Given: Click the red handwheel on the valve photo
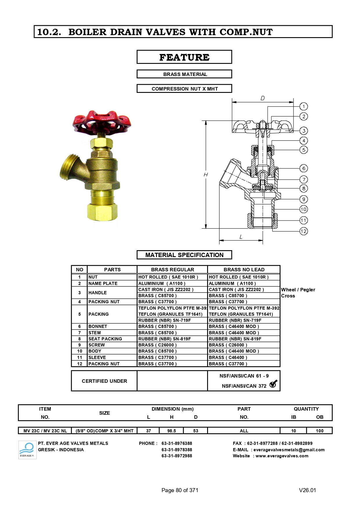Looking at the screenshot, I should tap(102, 121).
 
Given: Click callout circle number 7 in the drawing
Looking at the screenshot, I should tap(304, 179).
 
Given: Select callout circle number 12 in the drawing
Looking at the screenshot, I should tap(304, 231).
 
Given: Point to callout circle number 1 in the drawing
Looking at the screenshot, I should tap(304, 107).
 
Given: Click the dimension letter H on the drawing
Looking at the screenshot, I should tap(206, 174).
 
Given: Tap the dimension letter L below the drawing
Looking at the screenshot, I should tap(241, 237).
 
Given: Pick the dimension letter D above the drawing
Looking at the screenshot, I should tap(263, 98).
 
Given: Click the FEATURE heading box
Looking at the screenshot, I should tap(184, 57).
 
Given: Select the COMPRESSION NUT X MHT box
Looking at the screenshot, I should tap(184, 89).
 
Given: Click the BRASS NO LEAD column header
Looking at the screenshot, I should tap(244, 270).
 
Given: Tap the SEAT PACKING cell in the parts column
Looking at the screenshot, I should tap(105, 339).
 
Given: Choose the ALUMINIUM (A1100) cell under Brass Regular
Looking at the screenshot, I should tap(162, 283).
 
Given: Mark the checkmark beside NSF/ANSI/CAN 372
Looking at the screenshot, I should tap(273, 384).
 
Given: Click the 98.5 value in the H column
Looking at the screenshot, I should tap(171, 431).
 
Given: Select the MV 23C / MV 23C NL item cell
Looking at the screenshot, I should tap(45, 431).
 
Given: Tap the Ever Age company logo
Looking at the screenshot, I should tap(27, 450).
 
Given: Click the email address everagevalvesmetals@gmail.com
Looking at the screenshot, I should tap(289, 450).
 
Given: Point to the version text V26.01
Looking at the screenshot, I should tap(307, 490).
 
